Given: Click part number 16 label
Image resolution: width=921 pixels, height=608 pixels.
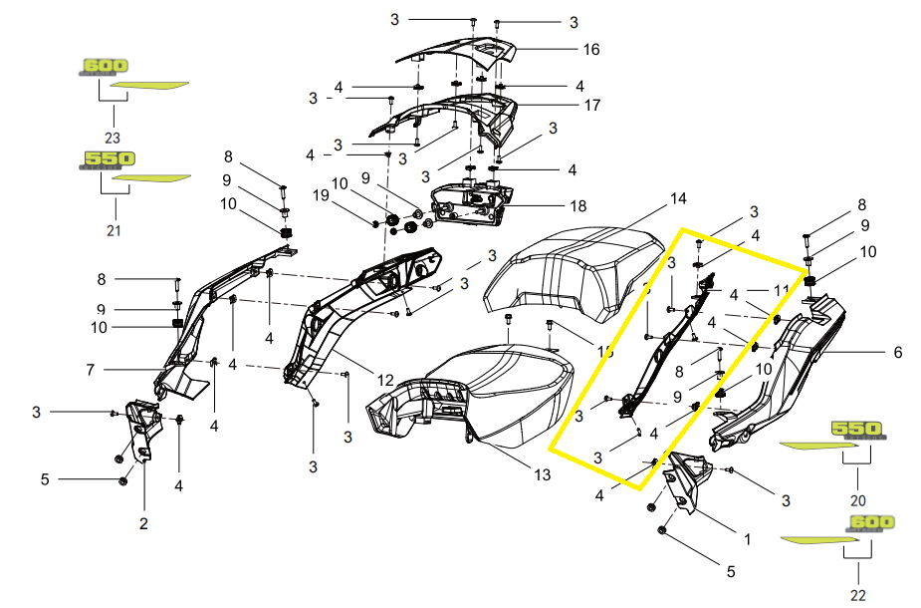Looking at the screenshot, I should tap(591, 49).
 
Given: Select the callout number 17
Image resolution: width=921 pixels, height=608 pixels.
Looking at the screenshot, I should tap(592, 105).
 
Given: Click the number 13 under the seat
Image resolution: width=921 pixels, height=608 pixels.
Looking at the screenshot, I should tap(541, 474).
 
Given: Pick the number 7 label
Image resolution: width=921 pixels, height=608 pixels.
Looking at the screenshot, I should tap(90, 370).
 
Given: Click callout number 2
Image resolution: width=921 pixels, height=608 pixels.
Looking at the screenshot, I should tap(143, 522).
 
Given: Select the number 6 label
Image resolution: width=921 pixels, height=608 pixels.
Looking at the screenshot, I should tap(897, 352).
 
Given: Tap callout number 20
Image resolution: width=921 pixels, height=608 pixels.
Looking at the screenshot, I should tap(858, 500).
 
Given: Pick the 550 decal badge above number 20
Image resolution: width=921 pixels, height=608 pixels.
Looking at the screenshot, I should tap(857, 430).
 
